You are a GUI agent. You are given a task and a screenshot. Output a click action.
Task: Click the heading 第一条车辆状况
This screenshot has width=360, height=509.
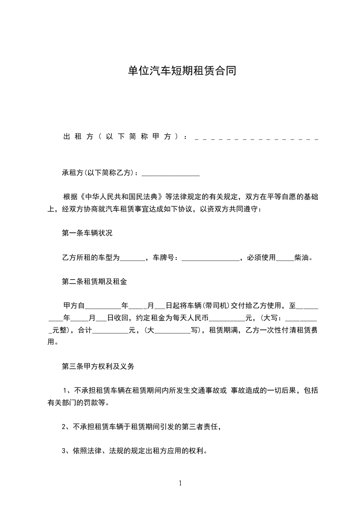click(87, 234)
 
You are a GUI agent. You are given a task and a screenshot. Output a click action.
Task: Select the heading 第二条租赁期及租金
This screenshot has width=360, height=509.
click(94, 281)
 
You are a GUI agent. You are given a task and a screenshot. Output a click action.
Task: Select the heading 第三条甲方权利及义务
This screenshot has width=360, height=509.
click(98, 366)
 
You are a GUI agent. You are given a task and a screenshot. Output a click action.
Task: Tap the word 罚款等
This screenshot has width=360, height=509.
click(98, 402)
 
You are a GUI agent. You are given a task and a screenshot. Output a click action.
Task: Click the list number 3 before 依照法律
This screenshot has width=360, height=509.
click(64, 451)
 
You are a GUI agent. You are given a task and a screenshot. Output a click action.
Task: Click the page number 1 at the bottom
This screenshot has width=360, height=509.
click(180, 483)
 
